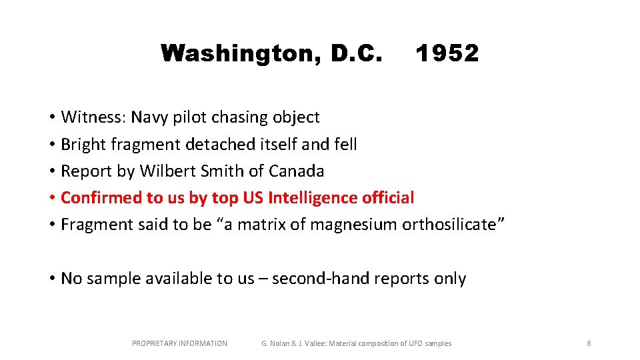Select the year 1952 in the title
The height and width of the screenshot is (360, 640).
[447, 53]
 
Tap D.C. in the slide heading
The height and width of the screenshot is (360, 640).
[356, 53]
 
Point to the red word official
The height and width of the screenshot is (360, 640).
[388, 197]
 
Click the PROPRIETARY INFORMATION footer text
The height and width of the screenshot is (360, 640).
[179, 343]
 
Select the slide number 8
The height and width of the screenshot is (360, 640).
[589, 343]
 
